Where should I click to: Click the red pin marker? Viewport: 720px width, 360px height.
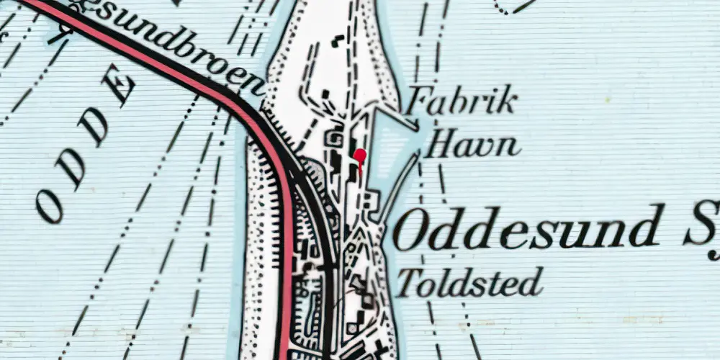tap(360, 156)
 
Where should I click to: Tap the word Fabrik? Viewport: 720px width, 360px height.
tap(462, 103)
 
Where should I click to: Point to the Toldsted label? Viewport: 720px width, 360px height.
tap(469, 282)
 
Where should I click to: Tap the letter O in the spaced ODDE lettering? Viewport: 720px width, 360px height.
tap(50, 208)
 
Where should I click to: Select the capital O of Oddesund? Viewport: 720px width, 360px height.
tap(411, 232)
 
